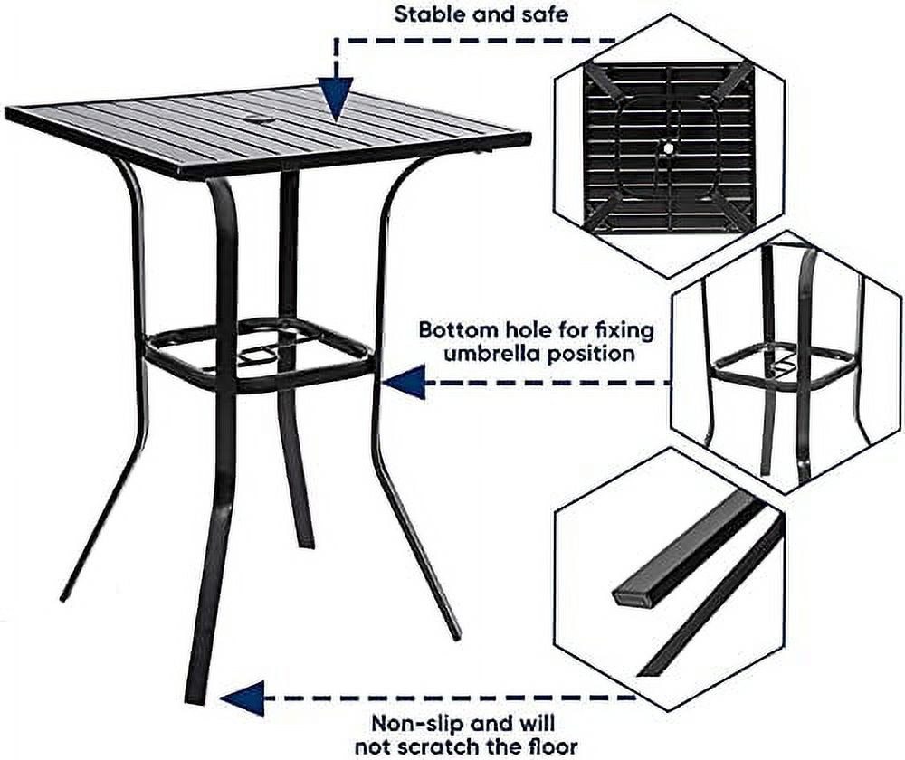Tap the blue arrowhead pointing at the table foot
(x=242, y=698)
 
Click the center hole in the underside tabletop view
(x=669, y=147)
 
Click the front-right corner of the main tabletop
(x=529, y=138)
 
